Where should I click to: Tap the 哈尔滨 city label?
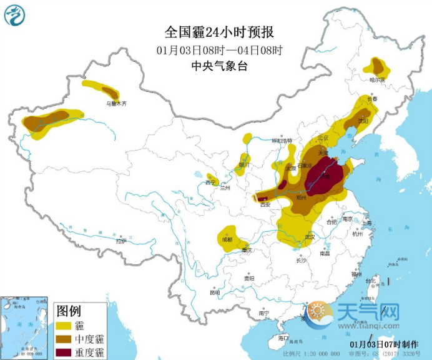[x=378, y=80]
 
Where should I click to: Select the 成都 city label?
[x=225, y=239]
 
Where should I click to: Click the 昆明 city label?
[x=215, y=292]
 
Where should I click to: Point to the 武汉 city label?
[x=308, y=237]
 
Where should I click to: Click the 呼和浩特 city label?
[x=282, y=141]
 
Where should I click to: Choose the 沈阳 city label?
[x=363, y=120]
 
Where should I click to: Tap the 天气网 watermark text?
[x=368, y=311]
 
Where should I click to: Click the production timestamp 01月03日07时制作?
[x=385, y=344]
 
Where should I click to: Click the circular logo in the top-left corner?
[x=16, y=15]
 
